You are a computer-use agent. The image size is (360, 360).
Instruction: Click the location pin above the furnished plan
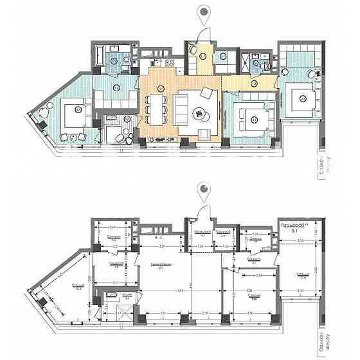coord(204,12)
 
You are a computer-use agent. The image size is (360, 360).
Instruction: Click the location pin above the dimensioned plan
coord(204,190)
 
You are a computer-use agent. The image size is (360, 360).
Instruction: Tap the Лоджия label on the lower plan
coord(110,295)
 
